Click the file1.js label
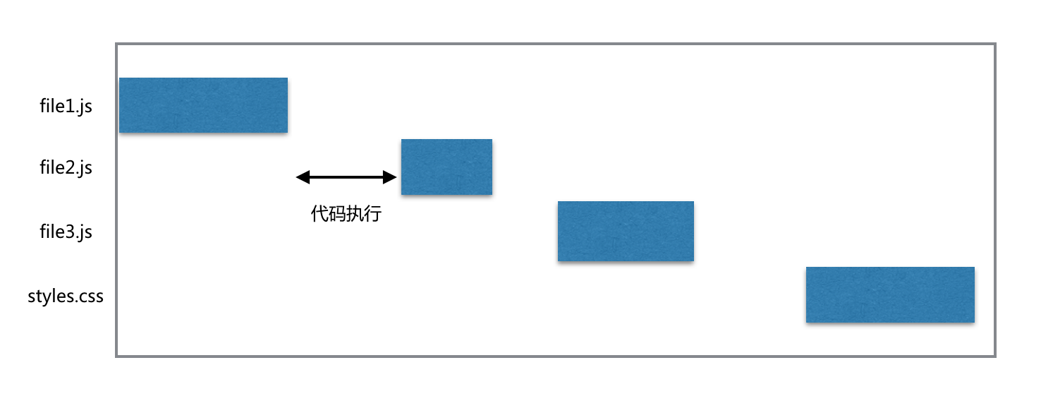tap(66, 107)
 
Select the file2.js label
tap(66, 168)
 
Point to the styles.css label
tap(66, 296)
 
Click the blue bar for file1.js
tap(203, 105)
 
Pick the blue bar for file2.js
tap(446, 167)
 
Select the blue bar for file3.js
tap(626, 231)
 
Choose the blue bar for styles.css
tap(890, 294)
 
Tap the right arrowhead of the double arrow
tap(389, 177)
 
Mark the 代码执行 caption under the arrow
tap(346, 214)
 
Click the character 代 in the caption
tap(319, 214)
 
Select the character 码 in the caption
tap(337, 214)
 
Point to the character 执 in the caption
tap(355, 214)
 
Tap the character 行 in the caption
tap(372, 214)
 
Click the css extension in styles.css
tap(91, 297)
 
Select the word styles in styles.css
tap(50, 297)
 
